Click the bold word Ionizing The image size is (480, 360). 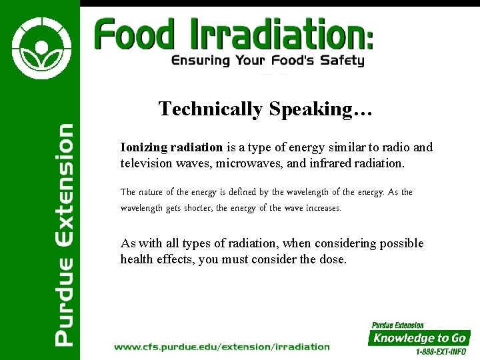(143, 147)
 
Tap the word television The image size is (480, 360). (146, 163)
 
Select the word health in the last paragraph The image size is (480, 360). (138, 259)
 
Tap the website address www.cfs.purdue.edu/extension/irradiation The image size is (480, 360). (221, 347)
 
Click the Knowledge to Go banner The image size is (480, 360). (419, 338)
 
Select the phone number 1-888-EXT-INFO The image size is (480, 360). (441, 351)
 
